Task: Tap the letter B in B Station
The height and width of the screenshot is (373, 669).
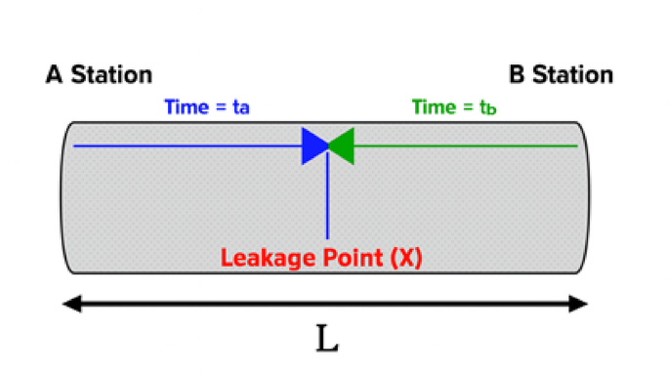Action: click(517, 74)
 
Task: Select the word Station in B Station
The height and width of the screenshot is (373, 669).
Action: click(573, 74)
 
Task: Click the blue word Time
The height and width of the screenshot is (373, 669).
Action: click(187, 107)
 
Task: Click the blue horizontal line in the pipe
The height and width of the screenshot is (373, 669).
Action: click(186, 145)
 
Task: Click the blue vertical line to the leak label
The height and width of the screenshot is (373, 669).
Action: click(327, 200)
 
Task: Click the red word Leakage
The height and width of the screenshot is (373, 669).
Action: click(265, 259)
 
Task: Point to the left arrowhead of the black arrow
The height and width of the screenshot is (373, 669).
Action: click(70, 305)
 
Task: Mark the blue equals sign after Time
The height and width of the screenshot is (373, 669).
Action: click(221, 108)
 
